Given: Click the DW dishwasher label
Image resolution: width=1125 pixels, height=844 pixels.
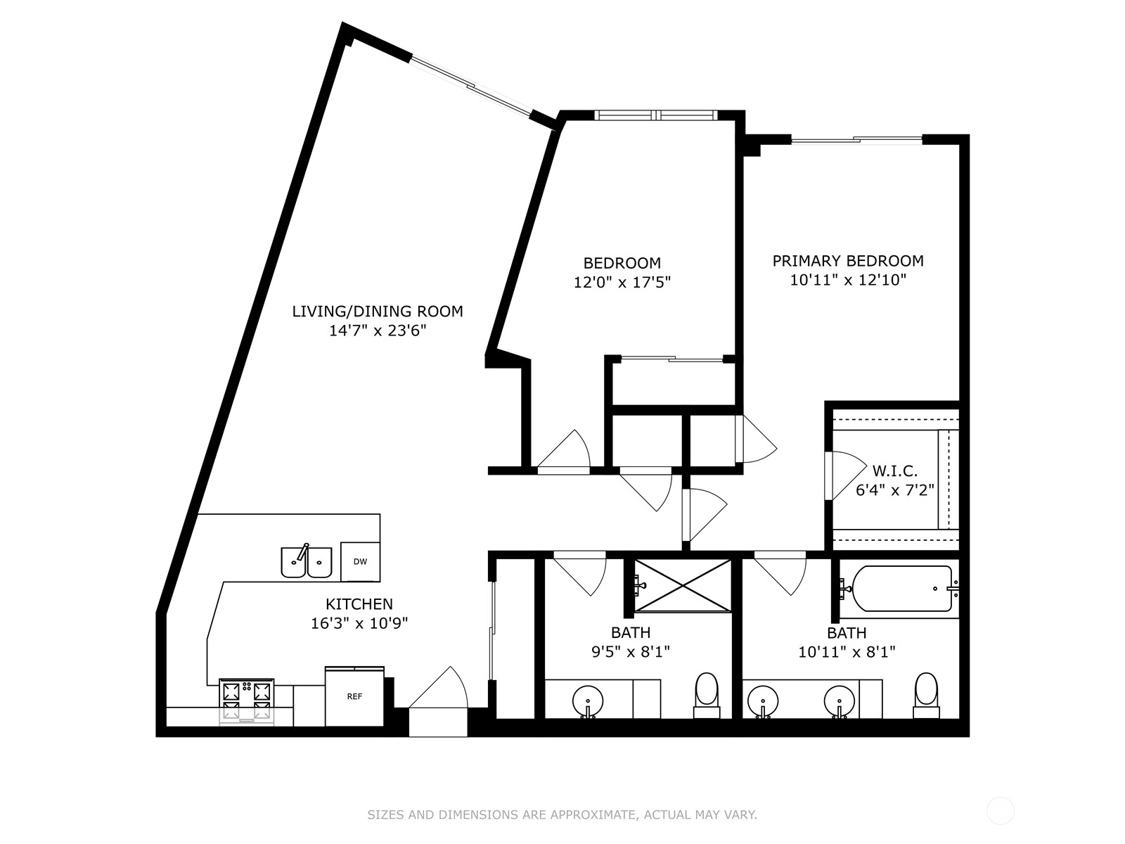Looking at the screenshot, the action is pos(360,562).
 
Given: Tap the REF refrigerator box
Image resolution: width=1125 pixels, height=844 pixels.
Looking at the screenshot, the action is pos(354,696).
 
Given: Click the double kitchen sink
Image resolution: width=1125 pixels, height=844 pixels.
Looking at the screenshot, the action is pos(307,562).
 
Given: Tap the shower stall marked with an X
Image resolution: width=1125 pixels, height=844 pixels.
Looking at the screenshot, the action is pos(683,585).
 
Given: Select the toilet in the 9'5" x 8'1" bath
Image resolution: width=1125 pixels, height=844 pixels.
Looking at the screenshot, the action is pos(706,695).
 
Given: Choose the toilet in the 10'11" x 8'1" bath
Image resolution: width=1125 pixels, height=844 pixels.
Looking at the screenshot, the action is pos(926,695).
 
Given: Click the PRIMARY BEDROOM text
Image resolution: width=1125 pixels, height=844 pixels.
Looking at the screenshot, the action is pos(848,261).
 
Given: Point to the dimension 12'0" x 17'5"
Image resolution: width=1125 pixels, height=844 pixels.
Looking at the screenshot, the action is pos(622,282).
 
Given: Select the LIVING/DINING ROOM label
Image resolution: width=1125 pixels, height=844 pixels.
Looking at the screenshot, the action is pos(378,311).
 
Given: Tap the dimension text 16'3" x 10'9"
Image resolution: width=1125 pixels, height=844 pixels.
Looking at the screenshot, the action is pos(359,624).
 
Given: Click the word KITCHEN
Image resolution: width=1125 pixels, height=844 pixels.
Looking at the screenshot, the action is pos(359,604).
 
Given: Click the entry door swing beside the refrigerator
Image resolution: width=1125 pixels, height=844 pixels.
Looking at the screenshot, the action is pos(438,687).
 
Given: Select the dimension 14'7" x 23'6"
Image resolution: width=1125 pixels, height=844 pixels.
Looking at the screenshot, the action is pos(378,331).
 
